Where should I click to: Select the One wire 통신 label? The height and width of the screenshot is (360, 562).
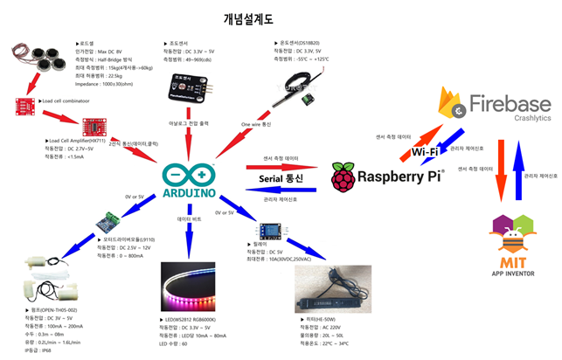click(x=257, y=125)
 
